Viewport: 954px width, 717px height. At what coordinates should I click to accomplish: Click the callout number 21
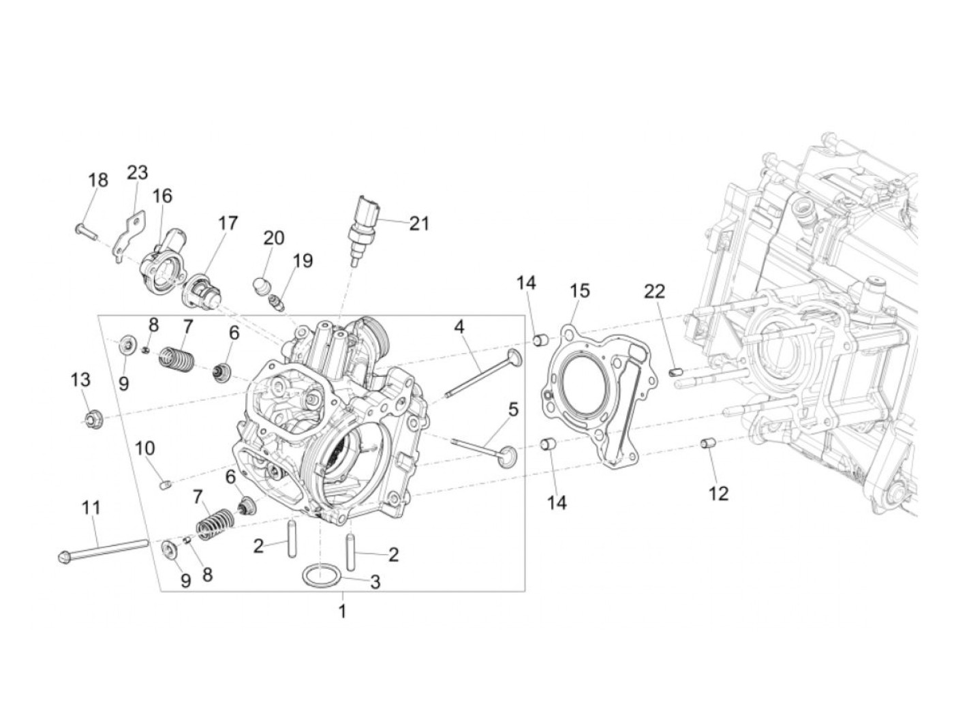[419, 223]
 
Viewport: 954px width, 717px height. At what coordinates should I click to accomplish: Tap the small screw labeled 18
[84, 231]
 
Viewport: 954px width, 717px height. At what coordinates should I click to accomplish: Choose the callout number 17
[228, 223]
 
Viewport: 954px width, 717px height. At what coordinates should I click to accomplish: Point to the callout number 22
[655, 292]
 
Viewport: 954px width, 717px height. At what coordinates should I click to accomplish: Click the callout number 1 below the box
[342, 611]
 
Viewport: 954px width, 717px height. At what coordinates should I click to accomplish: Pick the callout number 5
[512, 410]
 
